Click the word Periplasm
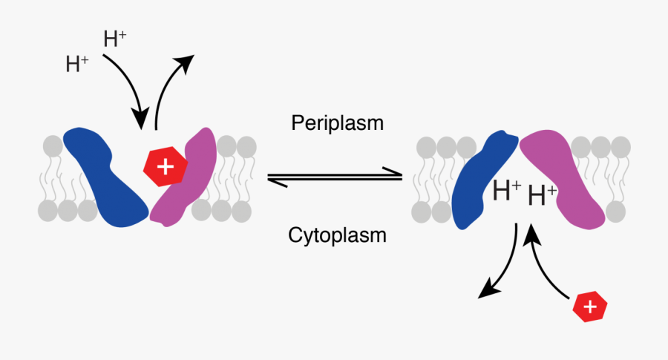point(337,122)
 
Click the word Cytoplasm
point(337,236)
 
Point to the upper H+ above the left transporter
point(115,39)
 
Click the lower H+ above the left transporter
point(77,65)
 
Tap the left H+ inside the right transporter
point(507,192)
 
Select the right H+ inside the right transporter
point(542,196)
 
